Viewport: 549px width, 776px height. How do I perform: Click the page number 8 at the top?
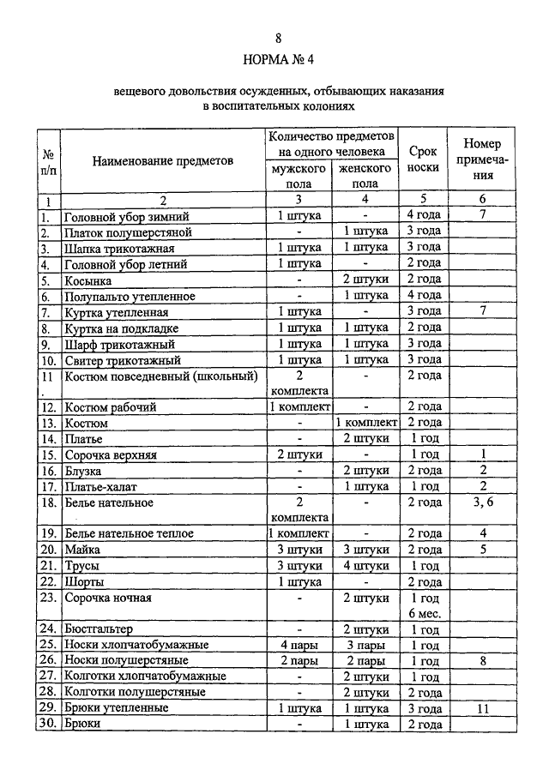[278, 38]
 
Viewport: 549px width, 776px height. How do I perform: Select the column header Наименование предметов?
[163, 160]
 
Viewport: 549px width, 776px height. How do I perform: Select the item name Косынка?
[88, 280]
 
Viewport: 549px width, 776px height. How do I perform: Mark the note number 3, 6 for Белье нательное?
[484, 502]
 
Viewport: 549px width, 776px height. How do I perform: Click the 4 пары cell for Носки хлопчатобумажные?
[299, 645]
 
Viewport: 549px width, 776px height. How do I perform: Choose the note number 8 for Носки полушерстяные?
[484, 661]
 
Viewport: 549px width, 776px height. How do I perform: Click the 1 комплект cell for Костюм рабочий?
[299, 406]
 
